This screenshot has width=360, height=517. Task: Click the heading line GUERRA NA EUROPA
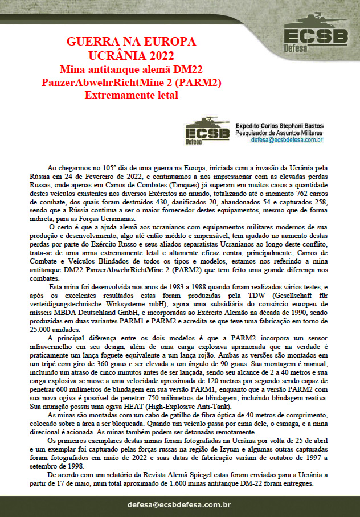pos(131,42)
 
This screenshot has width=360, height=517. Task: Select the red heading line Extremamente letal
pos(131,95)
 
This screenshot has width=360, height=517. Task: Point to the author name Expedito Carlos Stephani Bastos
pos(279,125)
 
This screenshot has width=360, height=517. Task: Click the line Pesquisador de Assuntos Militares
pos(279,132)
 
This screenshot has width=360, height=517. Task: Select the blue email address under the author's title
pos(279,139)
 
